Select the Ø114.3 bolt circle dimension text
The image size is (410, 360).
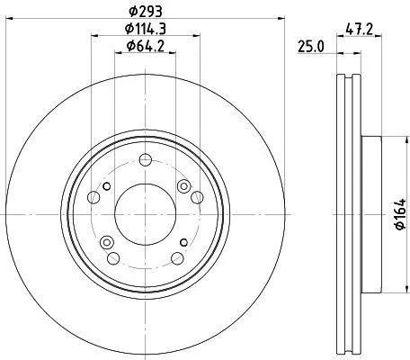coord(145,29)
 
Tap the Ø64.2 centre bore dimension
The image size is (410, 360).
coord(145,47)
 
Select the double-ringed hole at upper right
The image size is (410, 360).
coord(184,186)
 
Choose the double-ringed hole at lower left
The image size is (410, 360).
coord(107,240)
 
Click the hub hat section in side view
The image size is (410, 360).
coord(371,215)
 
